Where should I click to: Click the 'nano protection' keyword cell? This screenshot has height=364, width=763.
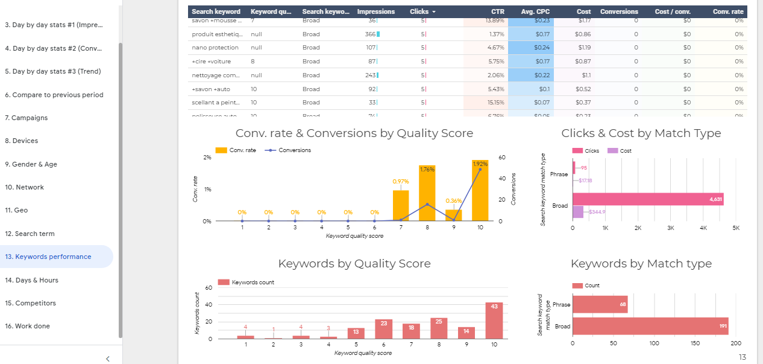click(215, 48)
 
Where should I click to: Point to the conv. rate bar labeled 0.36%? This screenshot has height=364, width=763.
click(454, 215)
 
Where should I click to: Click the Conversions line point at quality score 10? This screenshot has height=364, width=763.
click(480, 170)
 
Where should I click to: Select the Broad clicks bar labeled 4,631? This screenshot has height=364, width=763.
click(647, 199)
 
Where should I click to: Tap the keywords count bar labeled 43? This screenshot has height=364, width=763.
click(494, 321)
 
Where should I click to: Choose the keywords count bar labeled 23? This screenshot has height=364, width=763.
click(383, 329)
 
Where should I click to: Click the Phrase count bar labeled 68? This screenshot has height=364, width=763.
click(600, 305)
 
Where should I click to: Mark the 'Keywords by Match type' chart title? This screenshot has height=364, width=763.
click(641, 264)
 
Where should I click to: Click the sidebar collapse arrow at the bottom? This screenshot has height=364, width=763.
click(107, 359)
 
